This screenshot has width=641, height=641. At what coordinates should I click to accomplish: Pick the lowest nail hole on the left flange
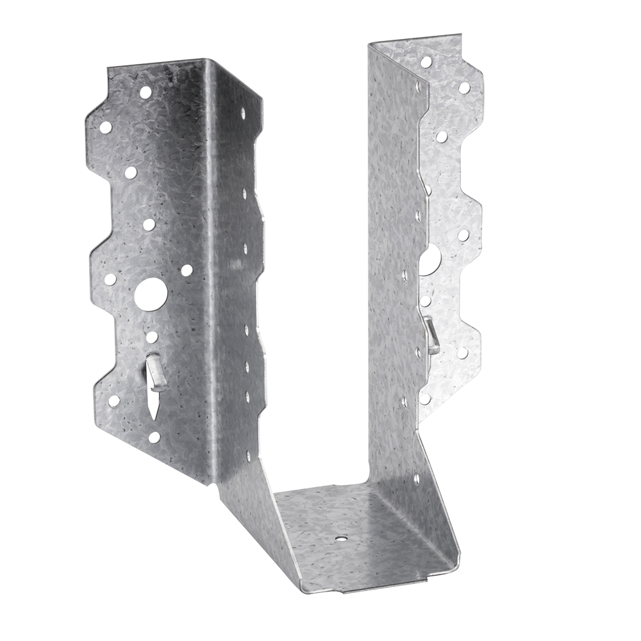(153, 437)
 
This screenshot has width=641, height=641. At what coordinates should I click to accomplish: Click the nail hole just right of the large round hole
(187, 271)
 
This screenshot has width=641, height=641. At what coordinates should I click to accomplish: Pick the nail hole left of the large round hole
(110, 279)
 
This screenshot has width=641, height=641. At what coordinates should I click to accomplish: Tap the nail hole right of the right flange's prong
(461, 353)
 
